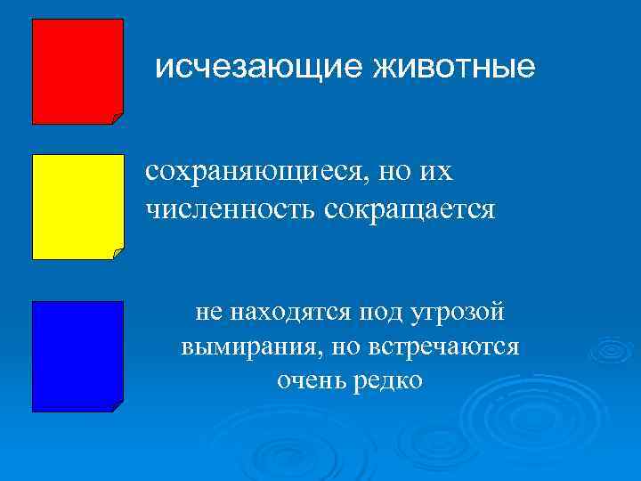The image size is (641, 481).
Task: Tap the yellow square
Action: [x=77, y=206]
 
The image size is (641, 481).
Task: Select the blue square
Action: [x=77, y=355]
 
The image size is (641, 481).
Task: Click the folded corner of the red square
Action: [x=118, y=118]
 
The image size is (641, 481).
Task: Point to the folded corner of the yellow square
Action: [x=118, y=253]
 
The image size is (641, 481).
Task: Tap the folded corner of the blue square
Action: [x=118, y=406]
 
